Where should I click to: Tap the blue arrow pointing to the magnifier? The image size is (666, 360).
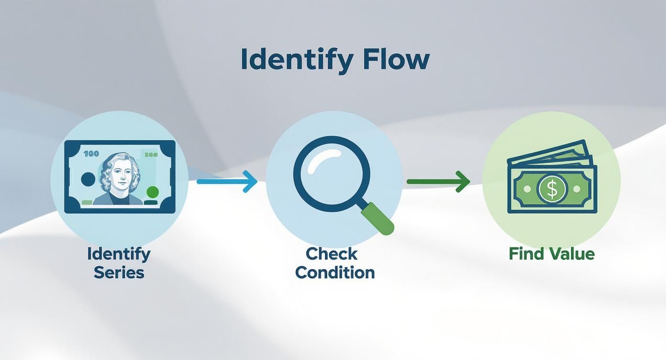coord(227,181)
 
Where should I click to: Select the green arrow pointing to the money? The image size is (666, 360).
coord(438,181)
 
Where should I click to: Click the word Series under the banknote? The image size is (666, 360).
coord(119,272)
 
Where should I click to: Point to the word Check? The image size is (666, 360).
coord(332,254)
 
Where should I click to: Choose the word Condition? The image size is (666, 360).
coord(335,272)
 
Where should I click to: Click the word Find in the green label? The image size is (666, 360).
coord(524,254)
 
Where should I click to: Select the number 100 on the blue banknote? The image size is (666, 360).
coord(91,154)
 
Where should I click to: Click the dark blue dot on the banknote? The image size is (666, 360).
coord(89,179)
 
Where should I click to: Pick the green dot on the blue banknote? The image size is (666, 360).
coord(153,192)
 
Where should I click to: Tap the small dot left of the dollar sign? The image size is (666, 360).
coord(527,189)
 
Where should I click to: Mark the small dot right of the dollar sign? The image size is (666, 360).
coord(577,189)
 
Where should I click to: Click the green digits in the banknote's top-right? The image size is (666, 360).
coord(151,155)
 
